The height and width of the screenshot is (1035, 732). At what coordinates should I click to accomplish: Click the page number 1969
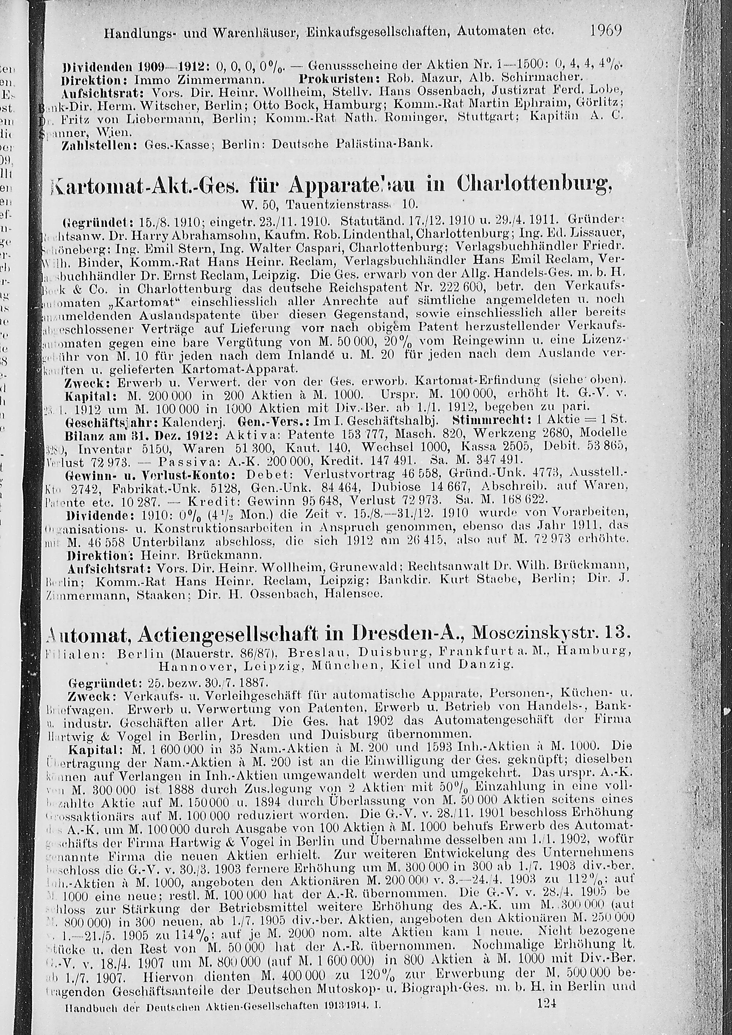coord(605,31)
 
